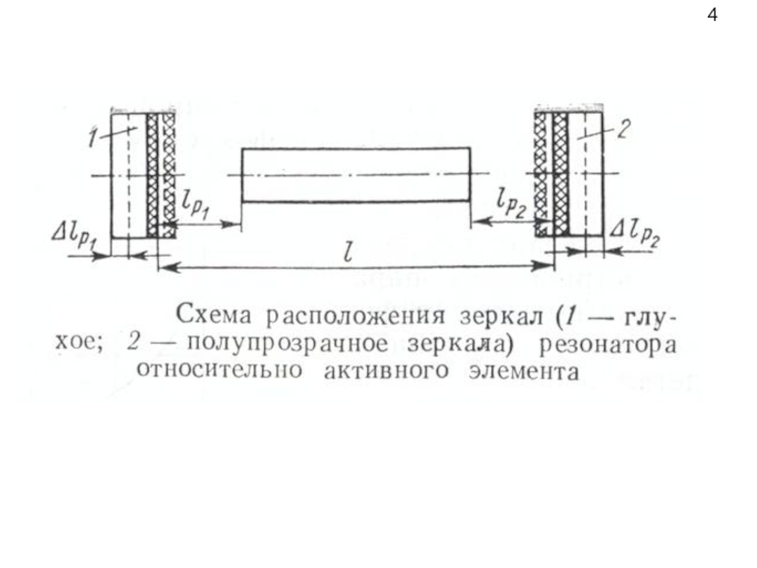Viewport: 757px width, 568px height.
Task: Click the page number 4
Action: click(x=712, y=15)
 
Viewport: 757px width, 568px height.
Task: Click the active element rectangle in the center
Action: click(x=356, y=174)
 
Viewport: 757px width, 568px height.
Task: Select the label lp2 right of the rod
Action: click(x=510, y=202)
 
